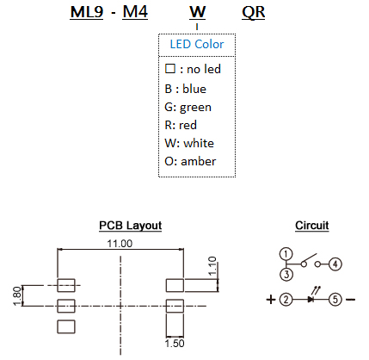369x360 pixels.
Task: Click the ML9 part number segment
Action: (x=87, y=12)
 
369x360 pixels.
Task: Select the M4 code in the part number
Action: (x=135, y=12)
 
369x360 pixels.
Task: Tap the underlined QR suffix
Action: (x=254, y=13)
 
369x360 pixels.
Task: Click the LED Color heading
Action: (x=197, y=44)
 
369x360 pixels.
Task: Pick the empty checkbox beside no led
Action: (x=170, y=69)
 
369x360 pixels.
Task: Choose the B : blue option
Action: (x=185, y=89)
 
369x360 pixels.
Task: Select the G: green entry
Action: (x=188, y=108)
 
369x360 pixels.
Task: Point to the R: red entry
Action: (x=181, y=125)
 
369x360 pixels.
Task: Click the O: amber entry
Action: (x=190, y=161)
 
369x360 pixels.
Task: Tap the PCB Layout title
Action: (x=131, y=226)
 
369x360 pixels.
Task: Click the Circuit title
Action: (x=312, y=226)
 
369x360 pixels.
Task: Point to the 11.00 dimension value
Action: (x=120, y=244)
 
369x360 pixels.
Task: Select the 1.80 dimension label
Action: (x=17, y=296)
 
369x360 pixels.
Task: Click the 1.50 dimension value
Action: (x=175, y=344)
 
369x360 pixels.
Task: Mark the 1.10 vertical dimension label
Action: (x=212, y=266)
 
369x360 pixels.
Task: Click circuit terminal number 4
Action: (x=335, y=264)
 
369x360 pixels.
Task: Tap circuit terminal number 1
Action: (x=286, y=254)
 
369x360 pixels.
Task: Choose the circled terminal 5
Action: (x=335, y=300)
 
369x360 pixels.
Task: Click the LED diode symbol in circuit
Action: (x=311, y=299)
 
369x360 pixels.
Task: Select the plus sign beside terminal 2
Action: (x=271, y=300)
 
